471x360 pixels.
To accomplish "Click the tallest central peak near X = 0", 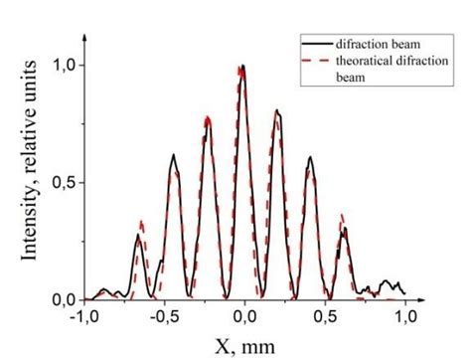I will point(243,68).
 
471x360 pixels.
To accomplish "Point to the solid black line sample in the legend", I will point(318,43).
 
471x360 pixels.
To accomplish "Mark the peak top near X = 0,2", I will point(277,111).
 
